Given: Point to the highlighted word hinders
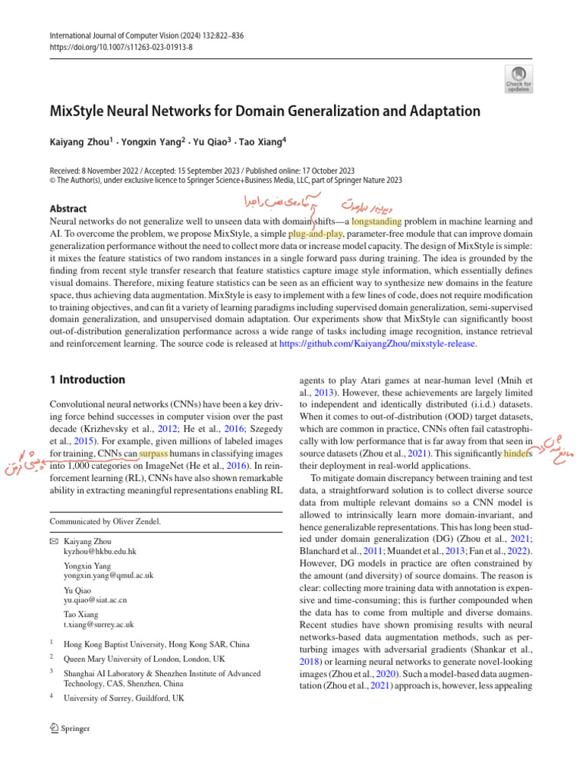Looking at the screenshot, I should pyautogui.click(x=524, y=453).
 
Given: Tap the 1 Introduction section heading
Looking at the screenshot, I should pyautogui.click(x=87, y=379).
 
